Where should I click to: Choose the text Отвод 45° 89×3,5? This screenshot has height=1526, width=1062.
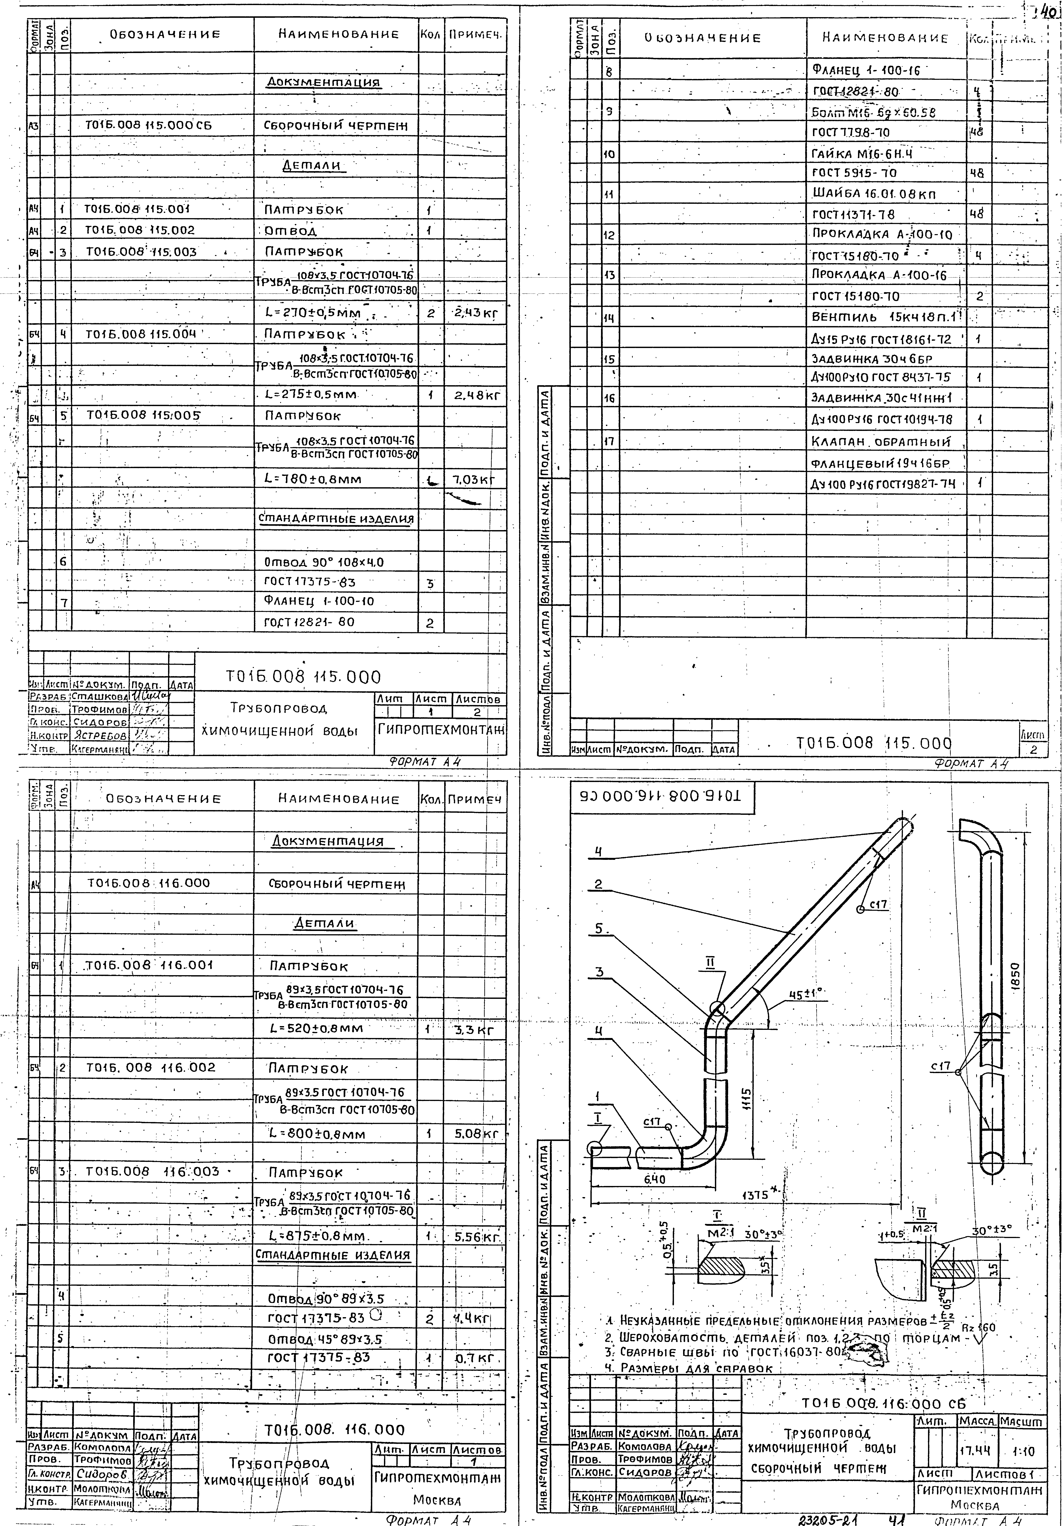pyautogui.click(x=326, y=1339)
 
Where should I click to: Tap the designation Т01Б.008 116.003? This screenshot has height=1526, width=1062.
pyautogui.click(x=153, y=1171)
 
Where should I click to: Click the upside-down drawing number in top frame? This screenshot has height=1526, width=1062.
pyautogui.click(x=662, y=796)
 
